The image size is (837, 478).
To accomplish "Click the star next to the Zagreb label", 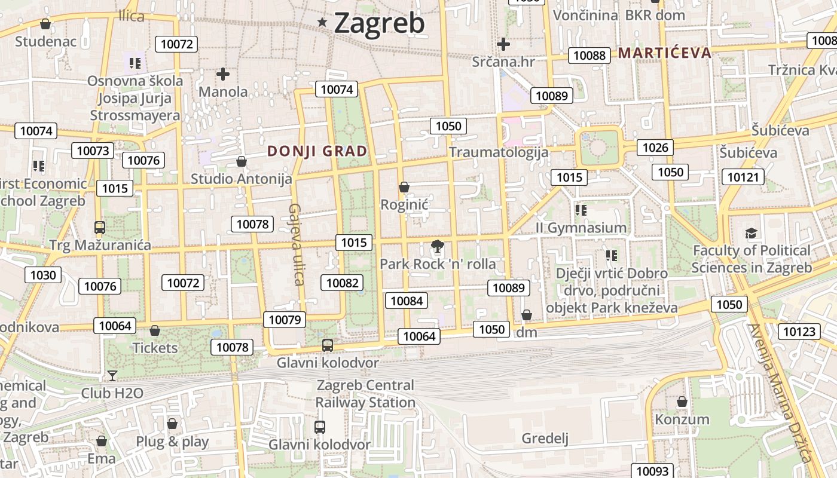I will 323,23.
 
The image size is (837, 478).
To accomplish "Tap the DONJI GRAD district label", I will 317,151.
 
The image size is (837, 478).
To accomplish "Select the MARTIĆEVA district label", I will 665,53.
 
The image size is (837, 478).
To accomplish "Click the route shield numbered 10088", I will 589,56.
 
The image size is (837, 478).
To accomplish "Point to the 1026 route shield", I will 655,147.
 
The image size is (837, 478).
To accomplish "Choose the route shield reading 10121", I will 743,177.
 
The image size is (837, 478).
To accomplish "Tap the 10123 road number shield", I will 799,332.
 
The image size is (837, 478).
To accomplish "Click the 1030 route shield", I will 43,275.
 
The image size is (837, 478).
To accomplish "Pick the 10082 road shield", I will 342,283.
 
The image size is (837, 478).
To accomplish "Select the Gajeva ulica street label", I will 297,244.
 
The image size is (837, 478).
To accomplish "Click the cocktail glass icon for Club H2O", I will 112,376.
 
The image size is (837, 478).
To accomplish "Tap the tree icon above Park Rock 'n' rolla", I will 438,246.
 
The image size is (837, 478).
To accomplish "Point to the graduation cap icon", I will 751,233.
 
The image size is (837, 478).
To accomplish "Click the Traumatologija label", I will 499,152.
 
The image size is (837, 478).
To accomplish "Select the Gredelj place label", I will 545,439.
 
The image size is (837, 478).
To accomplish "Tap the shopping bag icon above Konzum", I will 682,402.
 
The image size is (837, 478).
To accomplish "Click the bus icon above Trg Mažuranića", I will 100,228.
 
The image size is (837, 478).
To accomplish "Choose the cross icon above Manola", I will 223,74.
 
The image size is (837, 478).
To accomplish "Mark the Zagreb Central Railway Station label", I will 365,394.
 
